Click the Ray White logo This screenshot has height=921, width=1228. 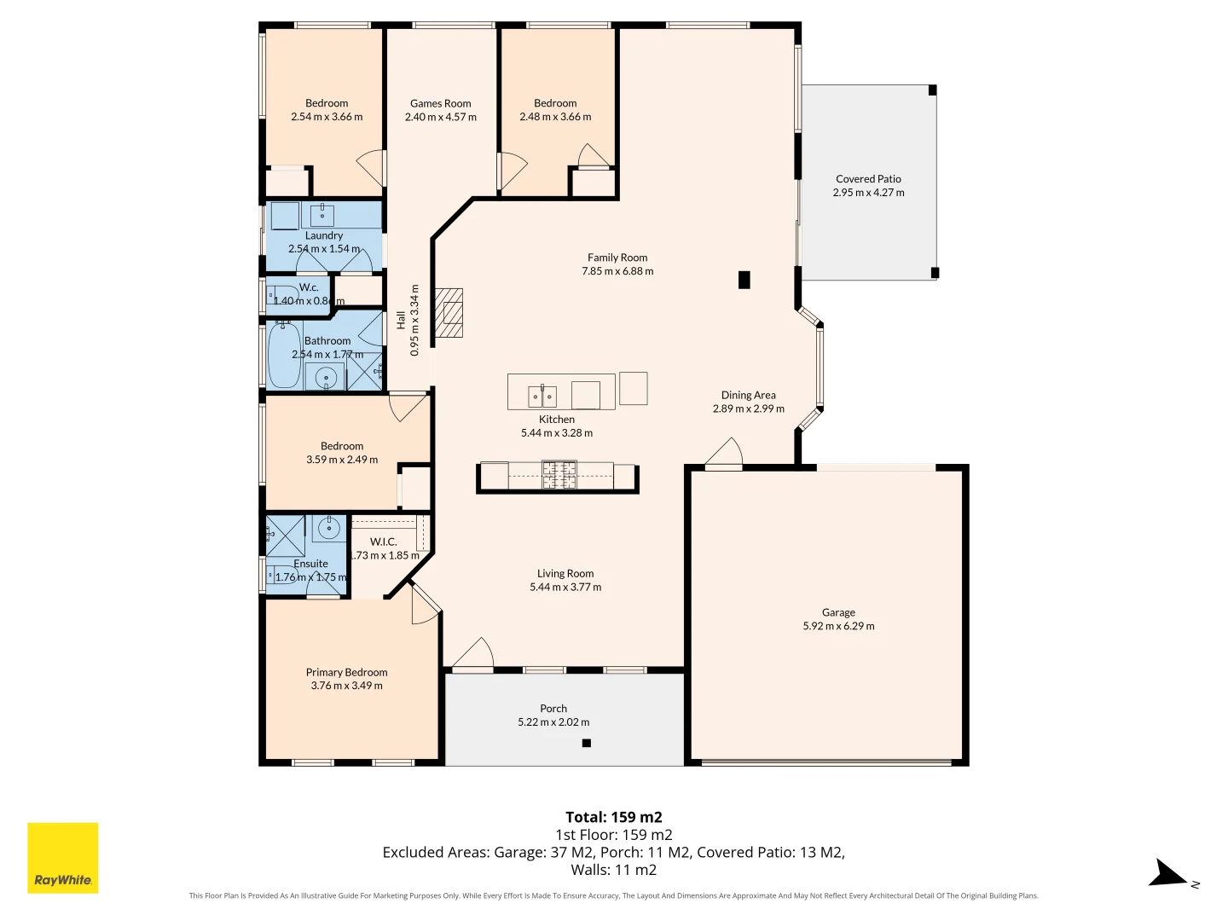tap(63, 857)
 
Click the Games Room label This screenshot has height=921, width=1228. tap(440, 103)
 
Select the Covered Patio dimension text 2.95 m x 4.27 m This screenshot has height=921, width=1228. tap(868, 193)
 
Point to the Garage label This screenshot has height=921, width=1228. tap(838, 612)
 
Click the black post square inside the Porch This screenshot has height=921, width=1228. tap(586, 743)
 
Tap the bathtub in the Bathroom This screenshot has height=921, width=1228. tap(284, 355)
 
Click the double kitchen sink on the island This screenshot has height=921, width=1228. tap(542, 396)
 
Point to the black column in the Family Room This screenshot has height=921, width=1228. tap(744, 279)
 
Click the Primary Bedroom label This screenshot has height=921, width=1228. tap(346, 672)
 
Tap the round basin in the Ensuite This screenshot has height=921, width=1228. tap(329, 529)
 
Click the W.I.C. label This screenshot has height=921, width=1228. tap(383, 542)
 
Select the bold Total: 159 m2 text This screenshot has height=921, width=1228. tap(613, 817)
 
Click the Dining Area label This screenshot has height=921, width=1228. tap(748, 395)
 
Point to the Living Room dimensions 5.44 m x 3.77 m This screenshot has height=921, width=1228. tap(565, 587)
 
